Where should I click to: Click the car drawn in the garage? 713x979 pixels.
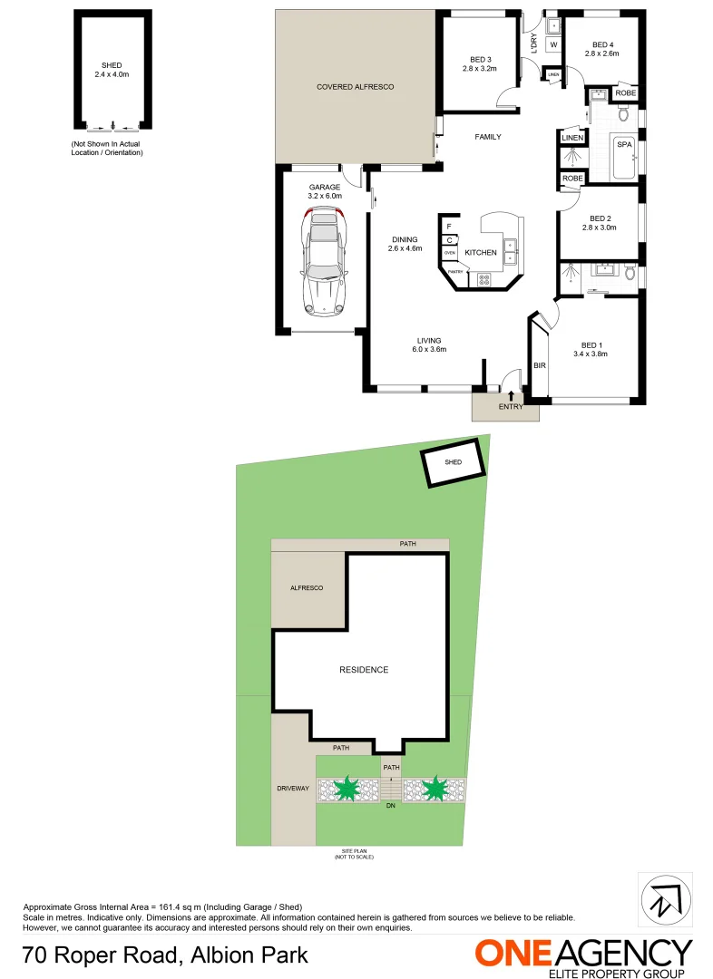coord(324,261)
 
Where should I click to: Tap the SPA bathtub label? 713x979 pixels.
coord(624,144)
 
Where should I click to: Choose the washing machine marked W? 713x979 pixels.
coord(552,44)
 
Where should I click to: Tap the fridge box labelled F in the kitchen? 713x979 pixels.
coord(448,225)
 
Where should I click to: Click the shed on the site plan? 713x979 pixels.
coord(453,462)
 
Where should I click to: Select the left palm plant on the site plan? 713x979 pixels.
coord(347,789)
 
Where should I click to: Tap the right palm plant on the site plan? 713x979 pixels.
coord(435,789)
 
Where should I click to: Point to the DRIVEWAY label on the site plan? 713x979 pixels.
coord(293,789)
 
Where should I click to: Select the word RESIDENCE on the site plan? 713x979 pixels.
coord(364,670)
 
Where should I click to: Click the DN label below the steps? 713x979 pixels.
coord(391,805)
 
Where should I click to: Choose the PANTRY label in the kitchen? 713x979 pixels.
coord(455,272)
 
